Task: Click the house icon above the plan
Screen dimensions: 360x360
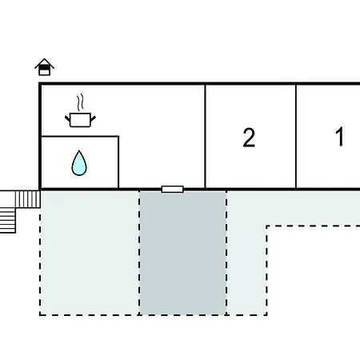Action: (x=44, y=67)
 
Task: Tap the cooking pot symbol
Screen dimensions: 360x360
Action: (x=80, y=120)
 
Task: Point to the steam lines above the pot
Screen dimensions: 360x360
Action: (x=80, y=102)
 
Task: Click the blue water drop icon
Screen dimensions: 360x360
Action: (x=79, y=163)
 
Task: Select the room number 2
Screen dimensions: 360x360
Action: (x=249, y=138)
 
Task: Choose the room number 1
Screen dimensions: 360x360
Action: (x=339, y=137)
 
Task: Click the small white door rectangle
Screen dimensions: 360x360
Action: (x=173, y=190)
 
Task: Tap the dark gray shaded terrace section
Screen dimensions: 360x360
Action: (x=182, y=253)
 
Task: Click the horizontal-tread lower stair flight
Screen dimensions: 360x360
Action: (x=8, y=220)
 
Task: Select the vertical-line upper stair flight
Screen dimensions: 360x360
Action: (x=28, y=199)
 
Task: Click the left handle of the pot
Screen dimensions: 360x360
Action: (x=67, y=118)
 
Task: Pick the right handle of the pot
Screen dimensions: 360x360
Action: (x=93, y=118)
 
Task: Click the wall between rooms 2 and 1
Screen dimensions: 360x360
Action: (x=296, y=136)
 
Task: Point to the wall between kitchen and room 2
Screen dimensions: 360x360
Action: (x=205, y=136)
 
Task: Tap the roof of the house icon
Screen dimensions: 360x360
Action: (x=44, y=63)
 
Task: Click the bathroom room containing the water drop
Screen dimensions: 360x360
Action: (x=80, y=162)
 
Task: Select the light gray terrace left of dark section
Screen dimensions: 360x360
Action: (x=90, y=253)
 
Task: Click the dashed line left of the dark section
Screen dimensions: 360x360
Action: (x=139, y=253)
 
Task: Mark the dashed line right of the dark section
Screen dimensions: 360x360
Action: (x=226, y=253)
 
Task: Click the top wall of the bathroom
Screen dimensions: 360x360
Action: (x=80, y=137)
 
